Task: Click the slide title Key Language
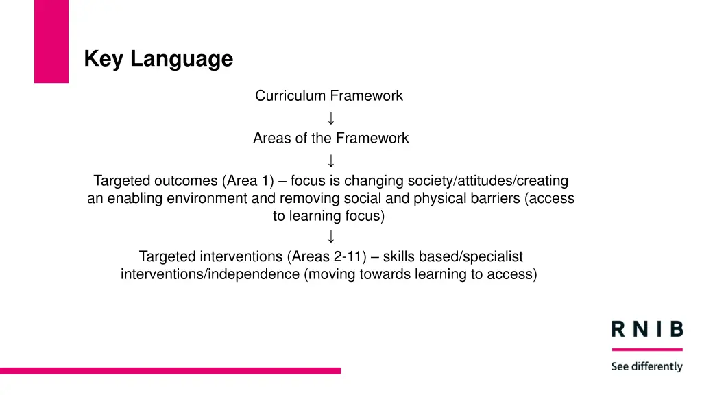158,60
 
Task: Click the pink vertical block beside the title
51,41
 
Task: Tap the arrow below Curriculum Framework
331,118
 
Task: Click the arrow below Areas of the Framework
331,161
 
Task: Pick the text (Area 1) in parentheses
248,181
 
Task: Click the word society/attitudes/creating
488,181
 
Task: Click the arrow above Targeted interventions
331,237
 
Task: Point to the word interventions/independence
210,275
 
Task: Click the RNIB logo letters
647,330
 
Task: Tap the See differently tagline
647,367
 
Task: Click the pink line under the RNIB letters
647,350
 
